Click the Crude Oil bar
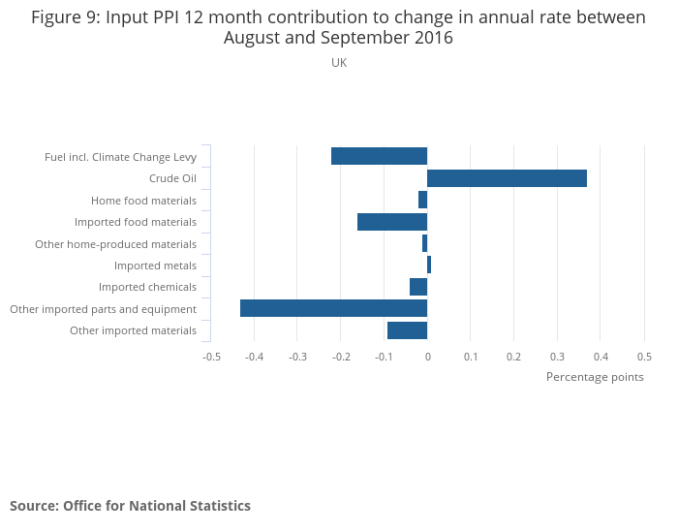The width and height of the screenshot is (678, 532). tap(507, 178)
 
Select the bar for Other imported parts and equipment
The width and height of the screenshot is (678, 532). tap(333, 308)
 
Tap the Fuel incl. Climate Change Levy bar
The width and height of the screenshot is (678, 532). tap(379, 156)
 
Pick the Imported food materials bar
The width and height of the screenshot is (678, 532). tap(392, 222)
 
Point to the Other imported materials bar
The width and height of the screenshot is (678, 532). tap(407, 330)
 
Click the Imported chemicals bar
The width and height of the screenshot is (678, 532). tap(418, 287)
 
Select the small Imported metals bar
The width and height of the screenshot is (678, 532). tap(429, 265)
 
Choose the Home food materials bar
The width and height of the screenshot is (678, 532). tap(422, 200)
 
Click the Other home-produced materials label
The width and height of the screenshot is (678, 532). tap(115, 244)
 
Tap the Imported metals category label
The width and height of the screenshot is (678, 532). tap(155, 266)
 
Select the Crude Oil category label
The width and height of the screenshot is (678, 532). tap(172, 178)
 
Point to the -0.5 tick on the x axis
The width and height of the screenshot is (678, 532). tap(211, 356)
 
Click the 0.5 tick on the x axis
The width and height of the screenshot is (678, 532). tap(644, 356)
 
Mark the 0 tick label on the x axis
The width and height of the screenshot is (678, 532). tap(427, 356)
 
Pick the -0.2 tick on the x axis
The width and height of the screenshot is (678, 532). tap(341, 356)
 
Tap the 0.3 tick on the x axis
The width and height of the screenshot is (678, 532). tap(557, 356)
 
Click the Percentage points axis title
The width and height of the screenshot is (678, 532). tap(595, 377)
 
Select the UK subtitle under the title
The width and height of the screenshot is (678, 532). tap(339, 63)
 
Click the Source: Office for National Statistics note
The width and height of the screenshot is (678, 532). tap(130, 506)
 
